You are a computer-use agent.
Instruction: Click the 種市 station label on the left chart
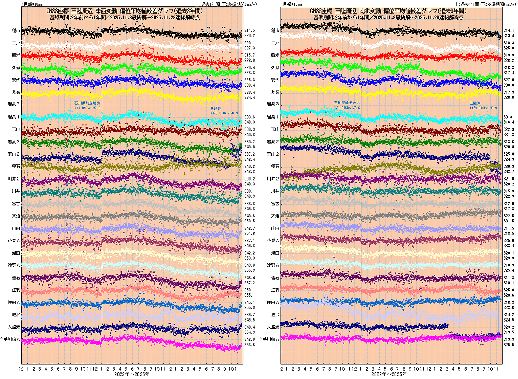pos(16,30)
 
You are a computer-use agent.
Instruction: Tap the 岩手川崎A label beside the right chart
pos(269,339)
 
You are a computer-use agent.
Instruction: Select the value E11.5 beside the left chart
pos(250,30)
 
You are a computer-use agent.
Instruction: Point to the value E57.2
pos(250,283)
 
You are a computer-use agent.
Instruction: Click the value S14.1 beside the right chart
pos(509,30)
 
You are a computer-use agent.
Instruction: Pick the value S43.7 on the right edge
pos(509,172)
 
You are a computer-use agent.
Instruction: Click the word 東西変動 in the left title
pos(106,11)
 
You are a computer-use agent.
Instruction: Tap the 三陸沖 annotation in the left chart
pos(216,109)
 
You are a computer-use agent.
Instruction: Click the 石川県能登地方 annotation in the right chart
pos(347,103)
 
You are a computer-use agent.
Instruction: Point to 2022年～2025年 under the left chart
pos(132,374)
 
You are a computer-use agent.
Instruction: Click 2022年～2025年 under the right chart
pos(389,374)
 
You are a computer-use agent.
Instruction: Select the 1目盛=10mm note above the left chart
pos(32,4)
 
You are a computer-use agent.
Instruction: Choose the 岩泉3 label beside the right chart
pos(273,104)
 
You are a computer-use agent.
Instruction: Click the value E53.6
pos(250,345)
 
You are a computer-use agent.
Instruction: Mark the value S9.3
pos(508,117)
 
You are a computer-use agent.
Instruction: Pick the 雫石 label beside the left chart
pos(16,166)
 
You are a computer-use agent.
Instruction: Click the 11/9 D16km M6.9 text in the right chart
pos(483,108)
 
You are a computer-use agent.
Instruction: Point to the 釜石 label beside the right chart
pos(275,278)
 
